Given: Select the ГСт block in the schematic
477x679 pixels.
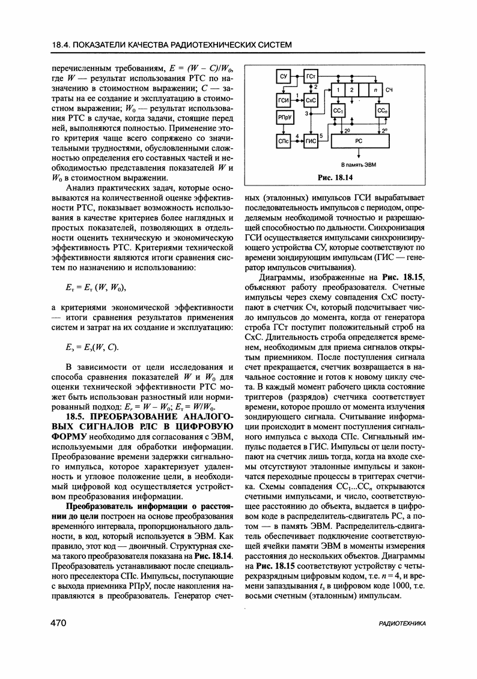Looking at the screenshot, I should (311, 77).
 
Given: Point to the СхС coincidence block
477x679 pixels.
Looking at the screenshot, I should (311, 98).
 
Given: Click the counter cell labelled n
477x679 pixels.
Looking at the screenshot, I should (375, 89).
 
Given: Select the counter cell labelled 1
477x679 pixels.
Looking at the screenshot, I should (339, 89).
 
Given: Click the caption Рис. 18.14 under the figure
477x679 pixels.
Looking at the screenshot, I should (334, 177).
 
